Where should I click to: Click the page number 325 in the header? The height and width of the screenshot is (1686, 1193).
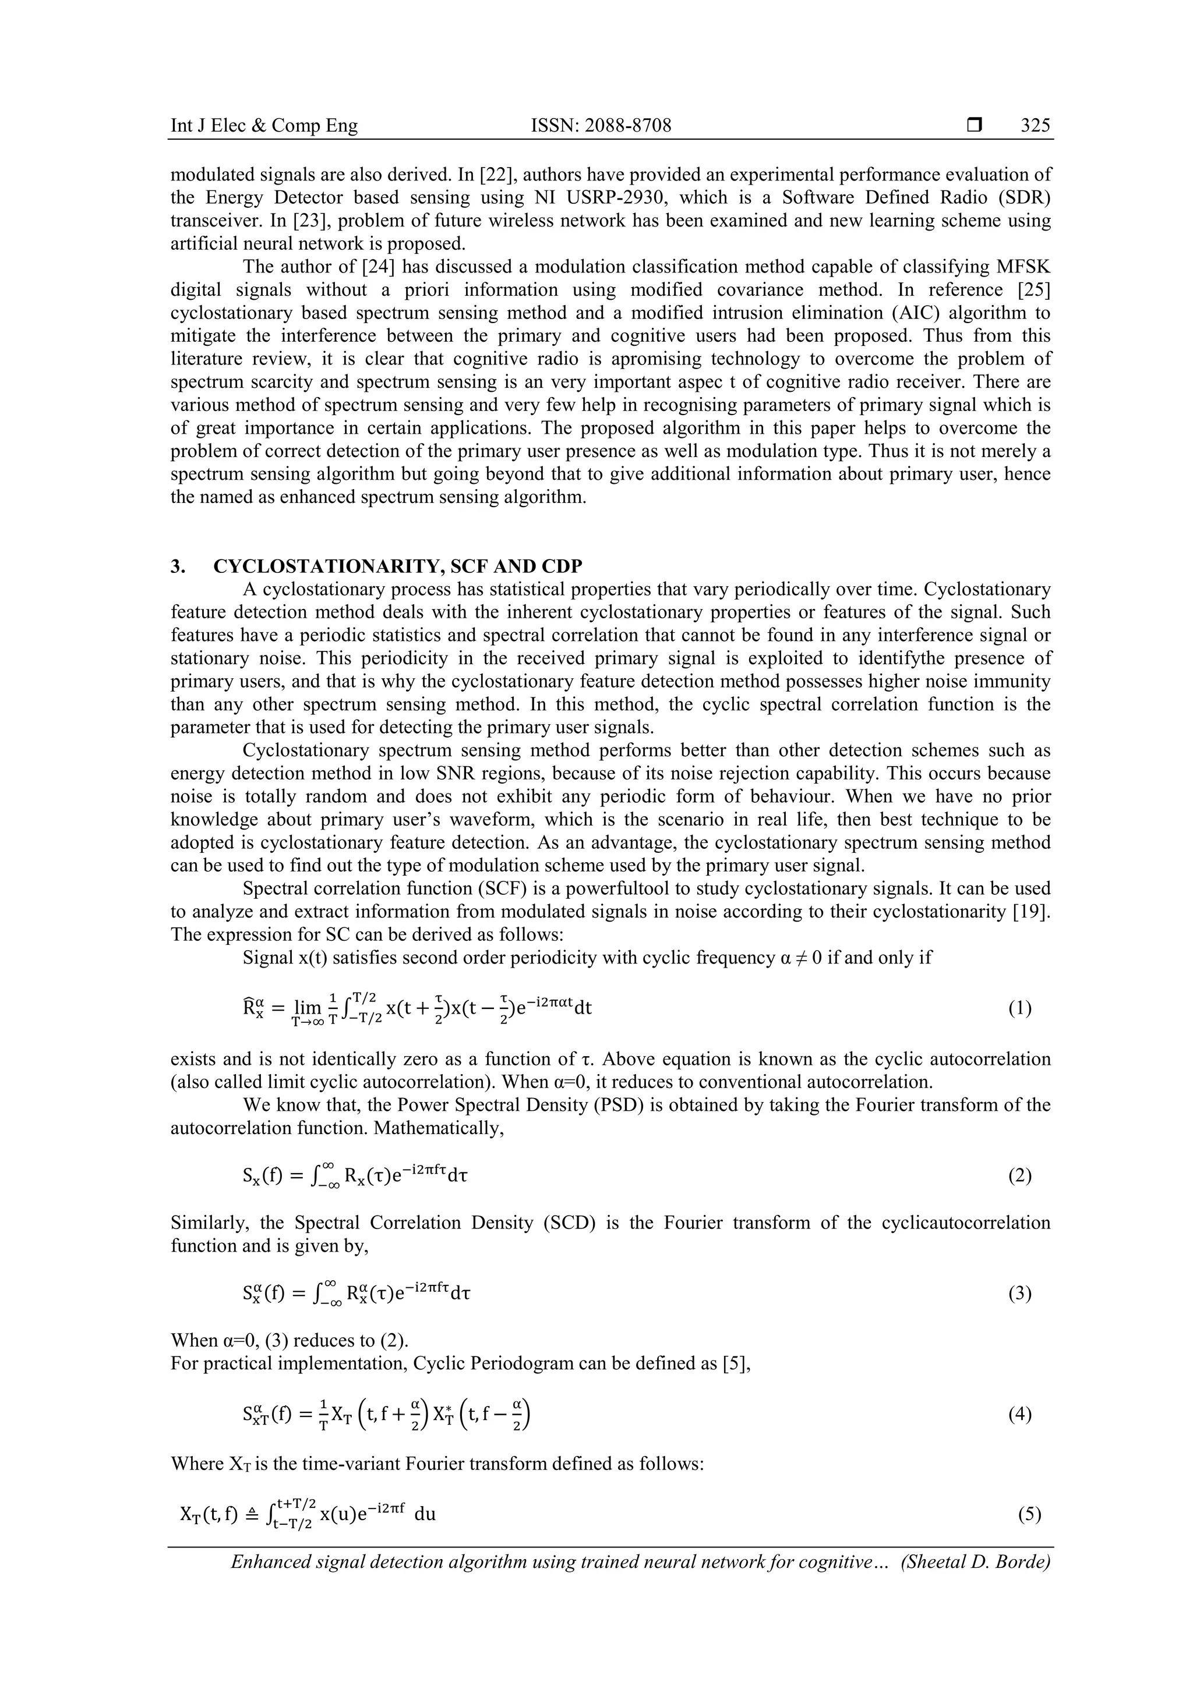tap(1035, 126)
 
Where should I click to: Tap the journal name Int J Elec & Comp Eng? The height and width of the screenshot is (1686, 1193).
tap(264, 126)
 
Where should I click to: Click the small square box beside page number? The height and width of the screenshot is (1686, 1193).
tap(974, 126)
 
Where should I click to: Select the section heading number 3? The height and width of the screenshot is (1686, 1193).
tap(177, 566)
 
